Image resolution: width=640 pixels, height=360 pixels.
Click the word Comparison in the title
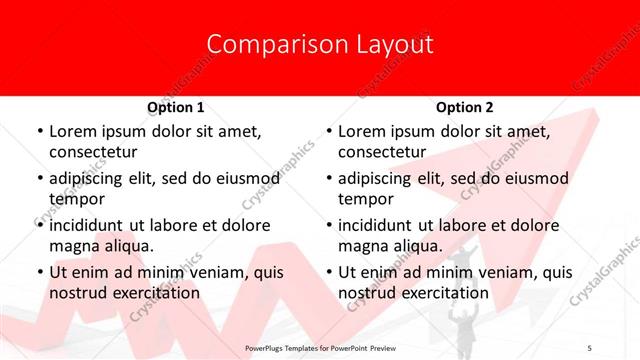[x=268, y=44]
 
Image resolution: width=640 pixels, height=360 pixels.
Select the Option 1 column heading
[x=176, y=107]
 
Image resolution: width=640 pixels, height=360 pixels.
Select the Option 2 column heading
[x=465, y=107]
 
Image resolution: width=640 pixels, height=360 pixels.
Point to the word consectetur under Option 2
[x=382, y=153]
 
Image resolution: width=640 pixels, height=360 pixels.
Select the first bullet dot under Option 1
[x=39, y=132]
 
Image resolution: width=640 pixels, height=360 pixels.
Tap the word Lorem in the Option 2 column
[x=361, y=132]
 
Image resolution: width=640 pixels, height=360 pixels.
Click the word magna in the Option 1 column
[x=73, y=246]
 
